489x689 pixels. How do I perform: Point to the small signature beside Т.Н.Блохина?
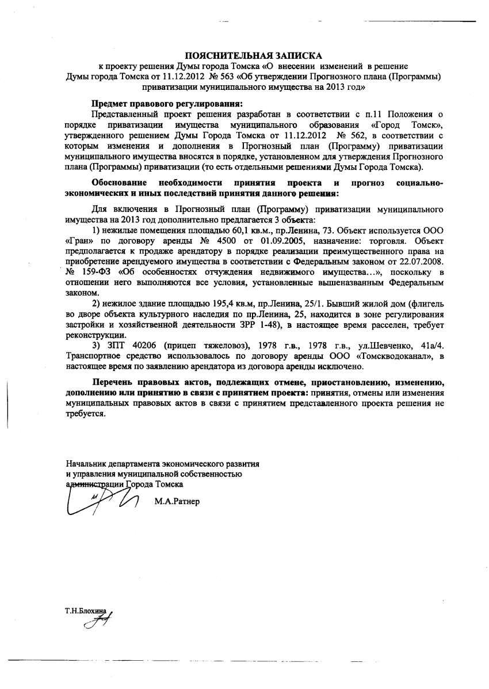[x=98, y=622]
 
